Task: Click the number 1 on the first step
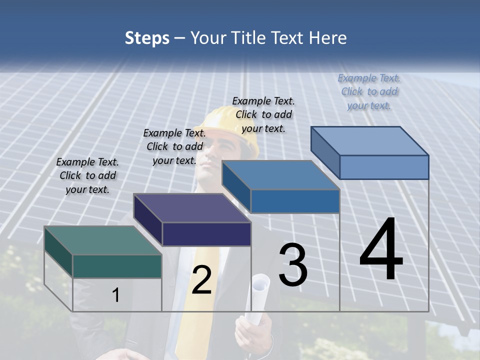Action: pos(116,295)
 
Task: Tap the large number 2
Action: pos(201,280)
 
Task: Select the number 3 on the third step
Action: pos(293,265)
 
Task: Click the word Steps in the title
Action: pos(147,38)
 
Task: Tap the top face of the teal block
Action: pos(102,240)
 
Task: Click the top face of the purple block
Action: pos(192,208)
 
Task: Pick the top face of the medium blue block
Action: pos(281,175)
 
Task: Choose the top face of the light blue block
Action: pos(370,141)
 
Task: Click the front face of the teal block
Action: pos(117,266)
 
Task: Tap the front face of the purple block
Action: pos(206,234)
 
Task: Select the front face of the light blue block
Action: pos(384,167)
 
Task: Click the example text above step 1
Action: pos(87,175)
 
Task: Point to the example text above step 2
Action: pos(174,146)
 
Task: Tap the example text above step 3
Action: pos(263,114)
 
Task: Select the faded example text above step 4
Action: pos(369,91)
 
